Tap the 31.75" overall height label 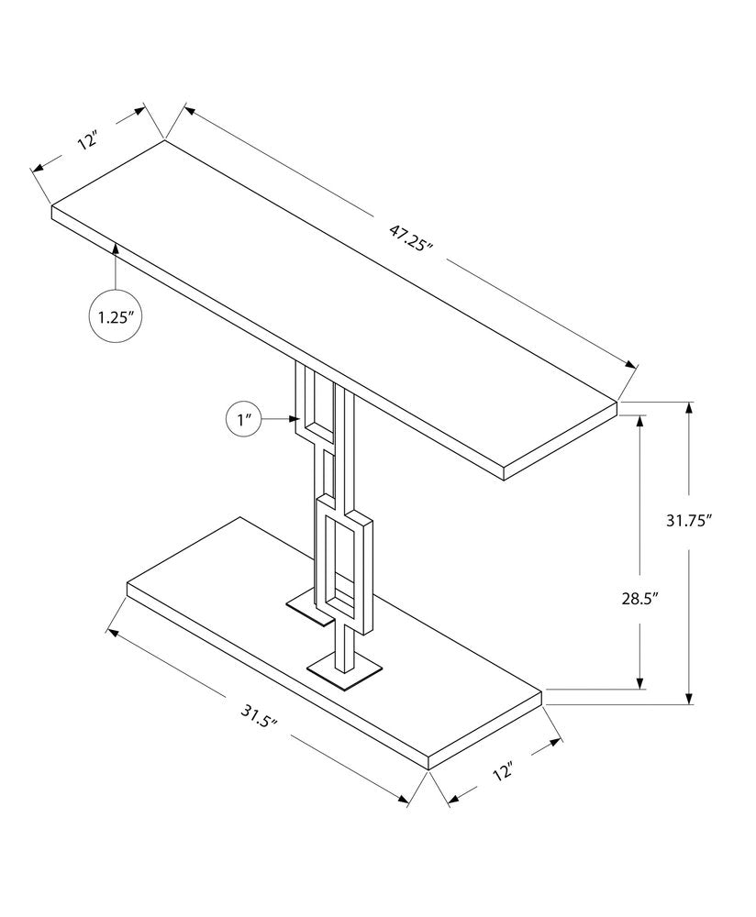(x=689, y=520)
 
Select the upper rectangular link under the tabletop (x=317, y=403)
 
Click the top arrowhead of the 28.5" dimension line (x=639, y=418)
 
